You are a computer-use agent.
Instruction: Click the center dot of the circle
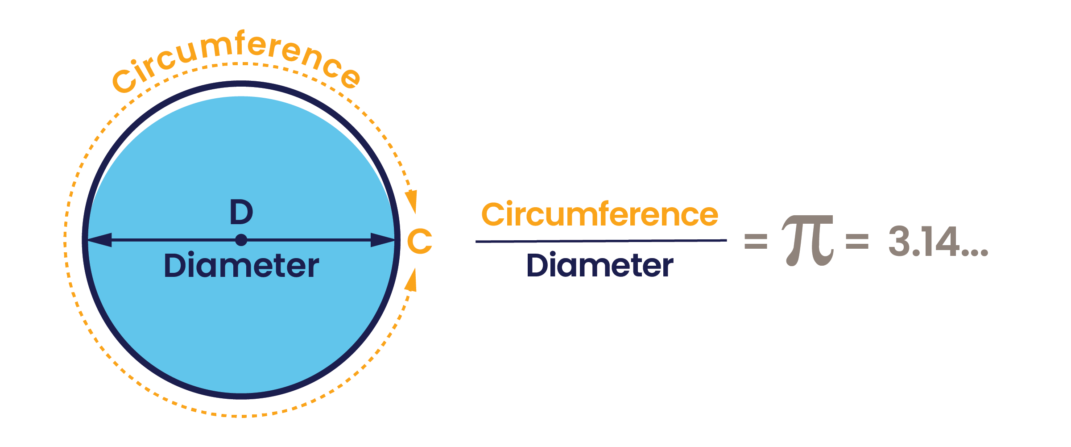241,240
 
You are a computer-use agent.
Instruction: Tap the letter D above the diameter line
241,212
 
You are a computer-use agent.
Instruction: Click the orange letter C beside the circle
420,241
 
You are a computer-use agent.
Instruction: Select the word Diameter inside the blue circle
241,265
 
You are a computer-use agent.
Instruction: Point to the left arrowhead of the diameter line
99,240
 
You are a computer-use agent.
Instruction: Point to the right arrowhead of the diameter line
383,240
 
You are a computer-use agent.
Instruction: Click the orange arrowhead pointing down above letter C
411,201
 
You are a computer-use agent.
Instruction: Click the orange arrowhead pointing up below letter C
411,280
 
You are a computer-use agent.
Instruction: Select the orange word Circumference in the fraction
600,214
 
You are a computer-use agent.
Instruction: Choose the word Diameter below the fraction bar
600,265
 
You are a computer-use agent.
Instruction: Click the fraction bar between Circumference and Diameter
601,241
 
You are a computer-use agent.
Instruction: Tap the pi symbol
808,241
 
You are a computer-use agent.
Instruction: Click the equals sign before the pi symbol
756,242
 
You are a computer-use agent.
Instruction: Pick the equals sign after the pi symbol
857,242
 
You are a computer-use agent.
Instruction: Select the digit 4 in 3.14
947,241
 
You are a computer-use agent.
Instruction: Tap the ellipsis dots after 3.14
975,253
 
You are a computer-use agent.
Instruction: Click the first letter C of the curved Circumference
124,81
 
